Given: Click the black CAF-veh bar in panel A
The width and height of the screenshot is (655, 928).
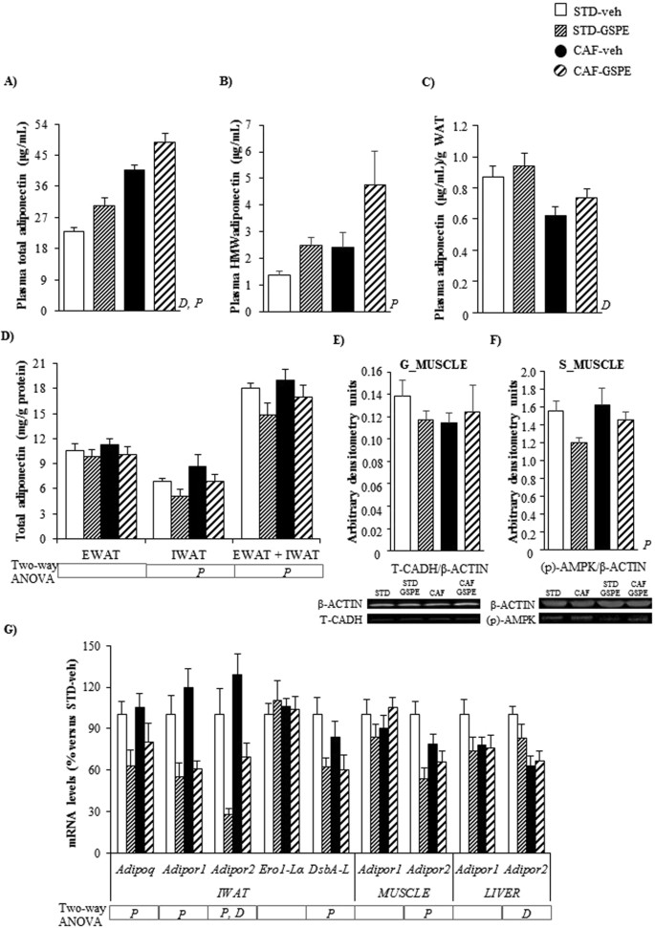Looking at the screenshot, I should click(x=134, y=240).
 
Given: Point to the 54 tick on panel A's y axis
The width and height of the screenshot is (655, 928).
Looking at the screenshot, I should click(x=44, y=124).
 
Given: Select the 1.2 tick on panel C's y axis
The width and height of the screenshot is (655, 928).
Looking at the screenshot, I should click(x=440, y=124).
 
